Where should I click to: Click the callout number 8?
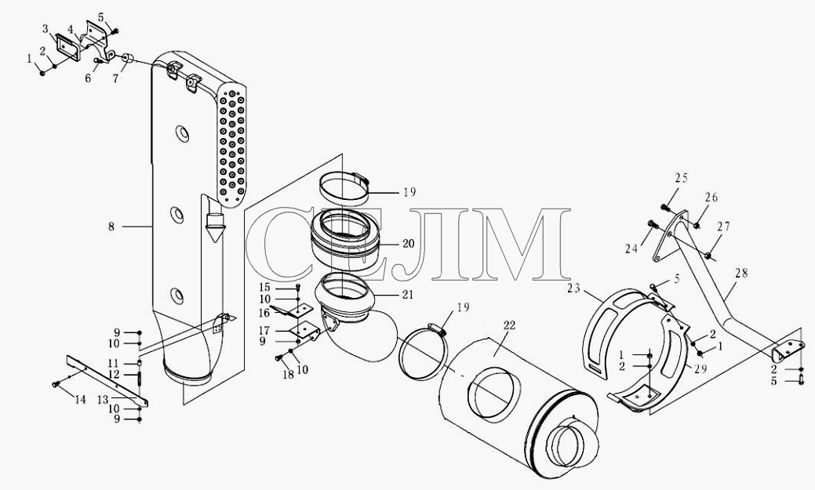click(111, 227)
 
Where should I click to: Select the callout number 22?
click(509, 326)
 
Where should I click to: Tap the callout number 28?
click(742, 273)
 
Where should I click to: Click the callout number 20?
click(409, 243)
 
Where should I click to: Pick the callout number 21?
click(408, 295)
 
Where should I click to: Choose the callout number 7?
click(115, 78)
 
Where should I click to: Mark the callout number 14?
click(79, 400)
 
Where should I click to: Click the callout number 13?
click(103, 400)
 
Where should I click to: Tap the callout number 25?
click(682, 178)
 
